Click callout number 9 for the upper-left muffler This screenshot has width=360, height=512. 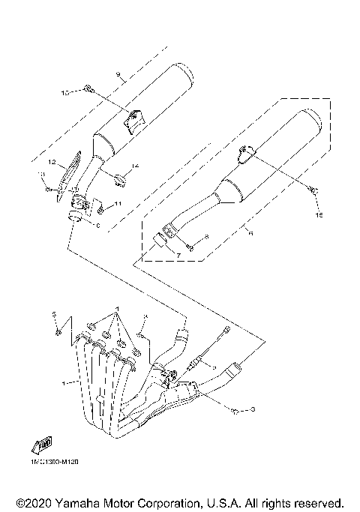click(x=118, y=73)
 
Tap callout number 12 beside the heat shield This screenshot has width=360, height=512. click(x=52, y=162)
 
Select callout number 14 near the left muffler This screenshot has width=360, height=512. click(x=136, y=166)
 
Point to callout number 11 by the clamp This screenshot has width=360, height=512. click(x=118, y=204)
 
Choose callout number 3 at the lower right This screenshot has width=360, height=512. click(x=253, y=409)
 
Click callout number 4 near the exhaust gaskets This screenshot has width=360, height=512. click(x=147, y=317)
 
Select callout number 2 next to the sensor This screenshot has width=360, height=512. click(x=213, y=366)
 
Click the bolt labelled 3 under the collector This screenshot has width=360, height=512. click(x=235, y=411)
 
